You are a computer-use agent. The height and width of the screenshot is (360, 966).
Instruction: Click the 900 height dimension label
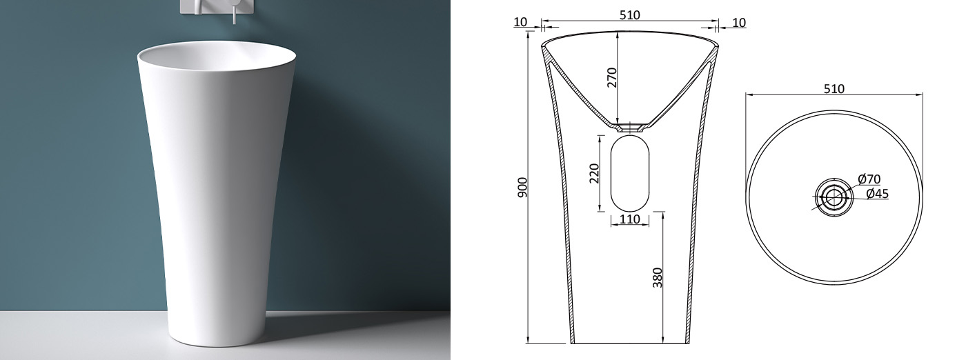coord(522,187)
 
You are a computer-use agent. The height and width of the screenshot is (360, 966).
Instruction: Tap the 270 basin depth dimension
coord(612,78)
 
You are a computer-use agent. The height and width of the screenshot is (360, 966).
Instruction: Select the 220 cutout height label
coord(594,173)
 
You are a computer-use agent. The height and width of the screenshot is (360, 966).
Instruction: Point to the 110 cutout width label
coord(629,219)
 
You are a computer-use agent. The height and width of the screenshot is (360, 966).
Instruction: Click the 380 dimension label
coord(658,278)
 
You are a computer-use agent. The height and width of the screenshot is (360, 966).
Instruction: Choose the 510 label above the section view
coord(629,14)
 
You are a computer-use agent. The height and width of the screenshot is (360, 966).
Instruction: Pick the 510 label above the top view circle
coord(834,89)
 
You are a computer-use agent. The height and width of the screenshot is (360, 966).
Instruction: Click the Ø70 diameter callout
coord(869,179)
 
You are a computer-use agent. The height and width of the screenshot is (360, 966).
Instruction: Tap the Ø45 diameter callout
coord(877,194)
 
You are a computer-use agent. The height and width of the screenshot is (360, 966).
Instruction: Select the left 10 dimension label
coord(520,22)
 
